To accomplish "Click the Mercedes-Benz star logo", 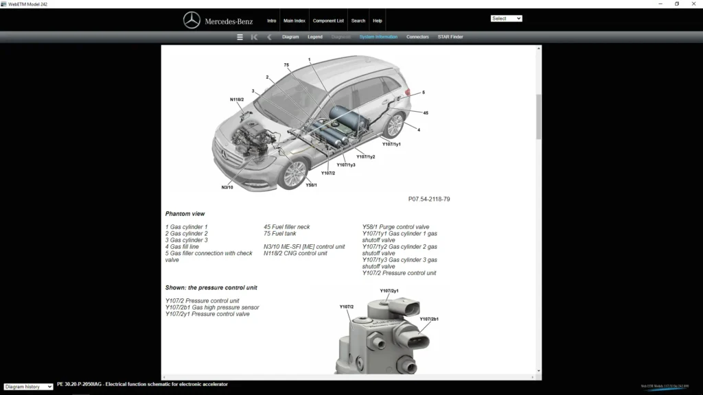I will [192, 21].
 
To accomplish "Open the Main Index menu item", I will [295, 21].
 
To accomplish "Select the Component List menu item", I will [328, 21].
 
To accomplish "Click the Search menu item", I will [358, 21].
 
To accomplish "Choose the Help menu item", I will [378, 21].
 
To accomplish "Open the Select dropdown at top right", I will [507, 19].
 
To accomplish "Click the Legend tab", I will [315, 37].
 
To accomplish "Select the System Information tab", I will [378, 37].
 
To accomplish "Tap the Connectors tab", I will [417, 37].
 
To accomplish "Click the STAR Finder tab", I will [450, 37].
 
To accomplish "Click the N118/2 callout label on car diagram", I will [237, 99].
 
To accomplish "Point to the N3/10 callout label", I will [227, 187].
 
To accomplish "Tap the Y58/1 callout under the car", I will [311, 185].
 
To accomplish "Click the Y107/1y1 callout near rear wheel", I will [391, 145].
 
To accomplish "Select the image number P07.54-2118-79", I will [429, 199].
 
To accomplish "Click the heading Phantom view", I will [185, 214].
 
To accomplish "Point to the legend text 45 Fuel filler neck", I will [287, 227].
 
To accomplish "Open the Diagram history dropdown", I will [28, 387].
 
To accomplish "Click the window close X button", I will [693, 4].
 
